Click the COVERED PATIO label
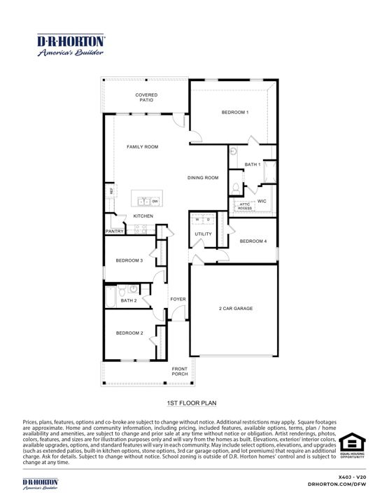click(x=146, y=97)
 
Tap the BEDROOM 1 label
click(x=235, y=112)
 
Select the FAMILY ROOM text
click(x=142, y=147)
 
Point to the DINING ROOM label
click(x=203, y=178)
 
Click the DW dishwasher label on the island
click(x=155, y=202)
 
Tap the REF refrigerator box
click(x=110, y=190)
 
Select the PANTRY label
click(x=114, y=231)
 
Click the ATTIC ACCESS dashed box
click(x=244, y=206)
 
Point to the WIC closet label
click(x=262, y=201)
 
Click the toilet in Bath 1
click(x=236, y=188)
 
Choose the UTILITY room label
click(x=203, y=234)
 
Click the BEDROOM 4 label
click(x=253, y=241)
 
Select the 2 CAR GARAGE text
click(x=235, y=308)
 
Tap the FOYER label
click(x=178, y=299)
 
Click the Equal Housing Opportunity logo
click(x=352, y=446)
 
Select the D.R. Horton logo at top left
click(x=71, y=45)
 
